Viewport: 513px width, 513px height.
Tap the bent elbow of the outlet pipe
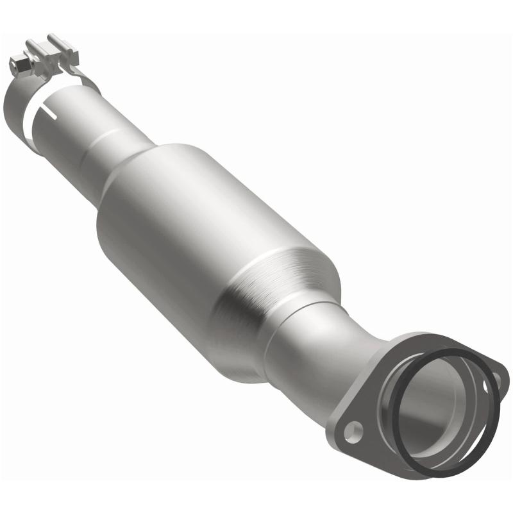[x=359, y=359]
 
